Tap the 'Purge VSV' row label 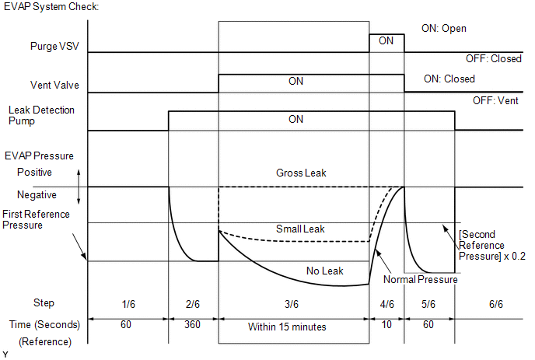(x=54, y=47)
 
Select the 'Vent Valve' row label (x=54, y=85)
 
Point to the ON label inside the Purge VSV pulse (x=386, y=41)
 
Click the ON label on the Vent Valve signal (x=295, y=82)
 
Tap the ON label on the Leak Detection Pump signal (x=295, y=120)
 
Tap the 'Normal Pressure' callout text (x=421, y=279)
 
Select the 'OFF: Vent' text (x=497, y=101)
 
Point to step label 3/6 (x=295, y=302)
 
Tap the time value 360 (x=193, y=327)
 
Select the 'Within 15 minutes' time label (x=287, y=327)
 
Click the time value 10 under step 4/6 (x=386, y=327)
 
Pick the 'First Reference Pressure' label (x=36, y=219)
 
